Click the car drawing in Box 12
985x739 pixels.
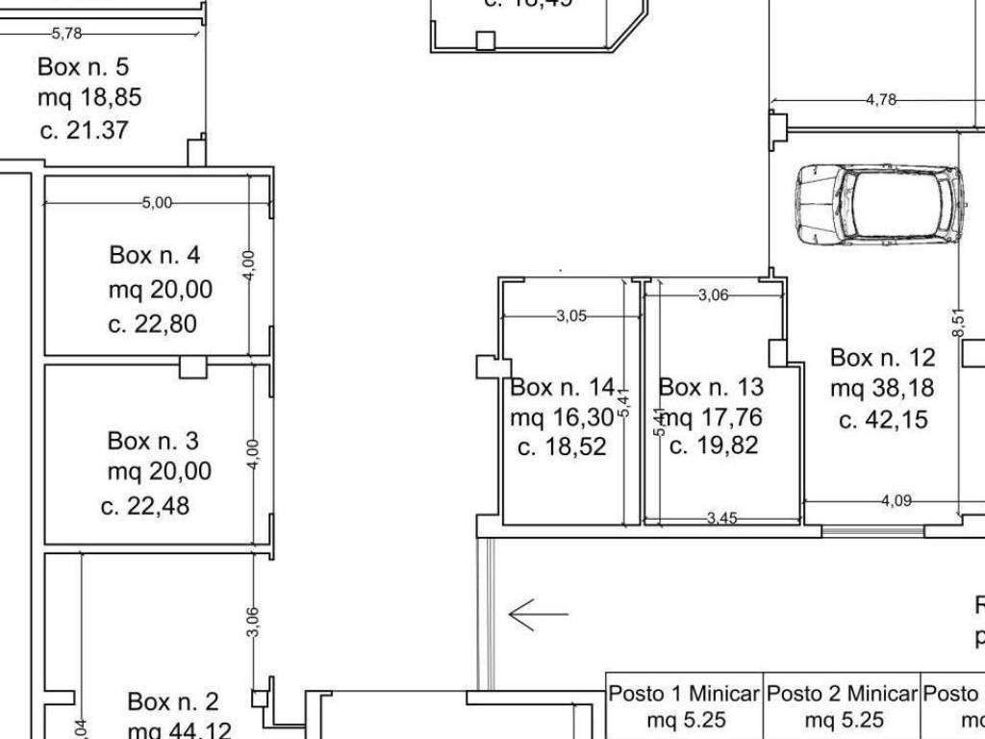click(x=880, y=205)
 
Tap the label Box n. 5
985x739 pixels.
click(x=83, y=67)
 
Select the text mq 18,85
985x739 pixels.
click(x=83, y=98)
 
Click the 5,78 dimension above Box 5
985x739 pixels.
click(x=67, y=34)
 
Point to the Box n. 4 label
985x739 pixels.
click(x=155, y=255)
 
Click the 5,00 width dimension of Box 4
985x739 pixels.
click(x=157, y=203)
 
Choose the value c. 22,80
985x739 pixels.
click(x=152, y=324)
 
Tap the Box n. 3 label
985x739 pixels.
click(x=153, y=441)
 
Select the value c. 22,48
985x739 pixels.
click(x=145, y=506)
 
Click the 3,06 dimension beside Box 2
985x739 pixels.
click(x=253, y=621)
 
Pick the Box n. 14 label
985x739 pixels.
click(x=562, y=388)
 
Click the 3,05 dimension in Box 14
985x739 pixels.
click(x=571, y=316)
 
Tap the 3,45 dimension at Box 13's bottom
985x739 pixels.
click(x=721, y=519)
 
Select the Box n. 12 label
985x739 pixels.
click(x=882, y=358)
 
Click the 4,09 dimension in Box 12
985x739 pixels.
click(x=897, y=500)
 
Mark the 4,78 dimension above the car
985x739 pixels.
click(x=881, y=99)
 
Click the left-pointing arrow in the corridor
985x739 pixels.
click(x=538, y=614)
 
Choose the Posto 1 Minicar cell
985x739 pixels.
click(x=684, y=705)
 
